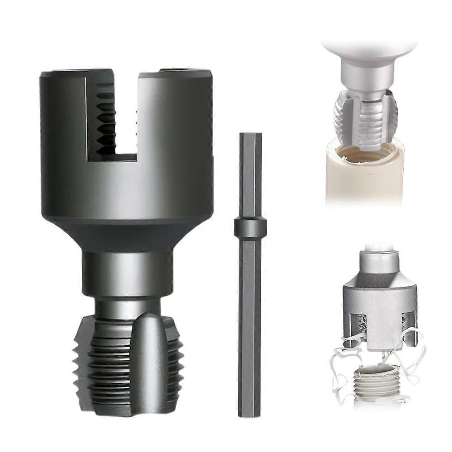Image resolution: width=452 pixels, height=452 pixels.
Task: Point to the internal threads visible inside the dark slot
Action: pyautogui.click(x=105, y=120)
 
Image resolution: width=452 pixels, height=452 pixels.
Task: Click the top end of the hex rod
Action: pyautogui.click(x=250, y=136)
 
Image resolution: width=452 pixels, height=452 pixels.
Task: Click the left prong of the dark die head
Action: pyautogui.click(x=63, y=113)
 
